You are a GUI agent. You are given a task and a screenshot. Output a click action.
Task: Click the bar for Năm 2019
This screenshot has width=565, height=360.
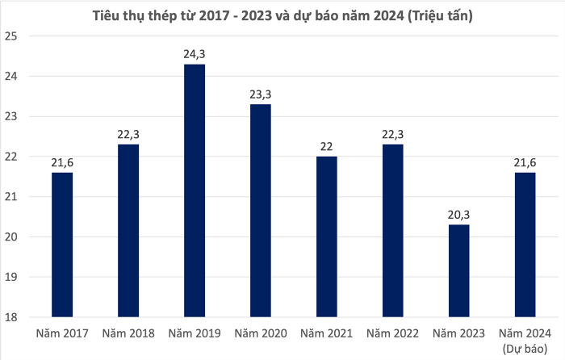pos(195,190)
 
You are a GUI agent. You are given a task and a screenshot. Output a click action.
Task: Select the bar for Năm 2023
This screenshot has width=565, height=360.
pos(458,270)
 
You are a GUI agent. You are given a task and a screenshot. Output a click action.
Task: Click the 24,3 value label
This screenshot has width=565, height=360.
pos(195,54)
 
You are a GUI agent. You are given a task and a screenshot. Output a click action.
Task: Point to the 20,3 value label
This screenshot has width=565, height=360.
pos(458,215)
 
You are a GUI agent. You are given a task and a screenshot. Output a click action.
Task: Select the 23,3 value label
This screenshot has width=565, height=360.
pos(261,94)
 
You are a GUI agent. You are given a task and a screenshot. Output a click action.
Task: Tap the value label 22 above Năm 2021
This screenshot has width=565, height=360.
pos(327,146)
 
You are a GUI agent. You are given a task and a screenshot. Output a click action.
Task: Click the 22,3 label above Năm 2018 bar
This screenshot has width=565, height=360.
pos(128,134)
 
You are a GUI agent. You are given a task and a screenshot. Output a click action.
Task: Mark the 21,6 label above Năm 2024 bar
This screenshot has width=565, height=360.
pos(525,162)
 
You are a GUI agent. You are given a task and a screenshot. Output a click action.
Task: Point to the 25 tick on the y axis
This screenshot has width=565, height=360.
pos(11,36)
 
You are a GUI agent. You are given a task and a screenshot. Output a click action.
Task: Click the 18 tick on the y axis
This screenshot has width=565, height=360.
pos(11,317)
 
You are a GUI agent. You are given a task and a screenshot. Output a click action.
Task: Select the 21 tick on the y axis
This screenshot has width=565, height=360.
pos(11,197)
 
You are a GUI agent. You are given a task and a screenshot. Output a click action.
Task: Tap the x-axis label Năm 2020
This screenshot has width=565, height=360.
pos(261,333)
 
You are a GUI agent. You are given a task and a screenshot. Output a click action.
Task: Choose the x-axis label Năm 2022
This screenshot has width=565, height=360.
pos(392,333)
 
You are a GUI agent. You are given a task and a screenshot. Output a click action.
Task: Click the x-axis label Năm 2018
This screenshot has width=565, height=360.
pos(128,333)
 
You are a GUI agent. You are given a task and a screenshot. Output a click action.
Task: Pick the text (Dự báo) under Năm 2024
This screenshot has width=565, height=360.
pos(525,348)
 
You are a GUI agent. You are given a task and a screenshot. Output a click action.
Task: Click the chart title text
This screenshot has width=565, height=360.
pos(282,14)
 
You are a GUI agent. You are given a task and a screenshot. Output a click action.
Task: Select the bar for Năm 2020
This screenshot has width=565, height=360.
pos(261,211)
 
